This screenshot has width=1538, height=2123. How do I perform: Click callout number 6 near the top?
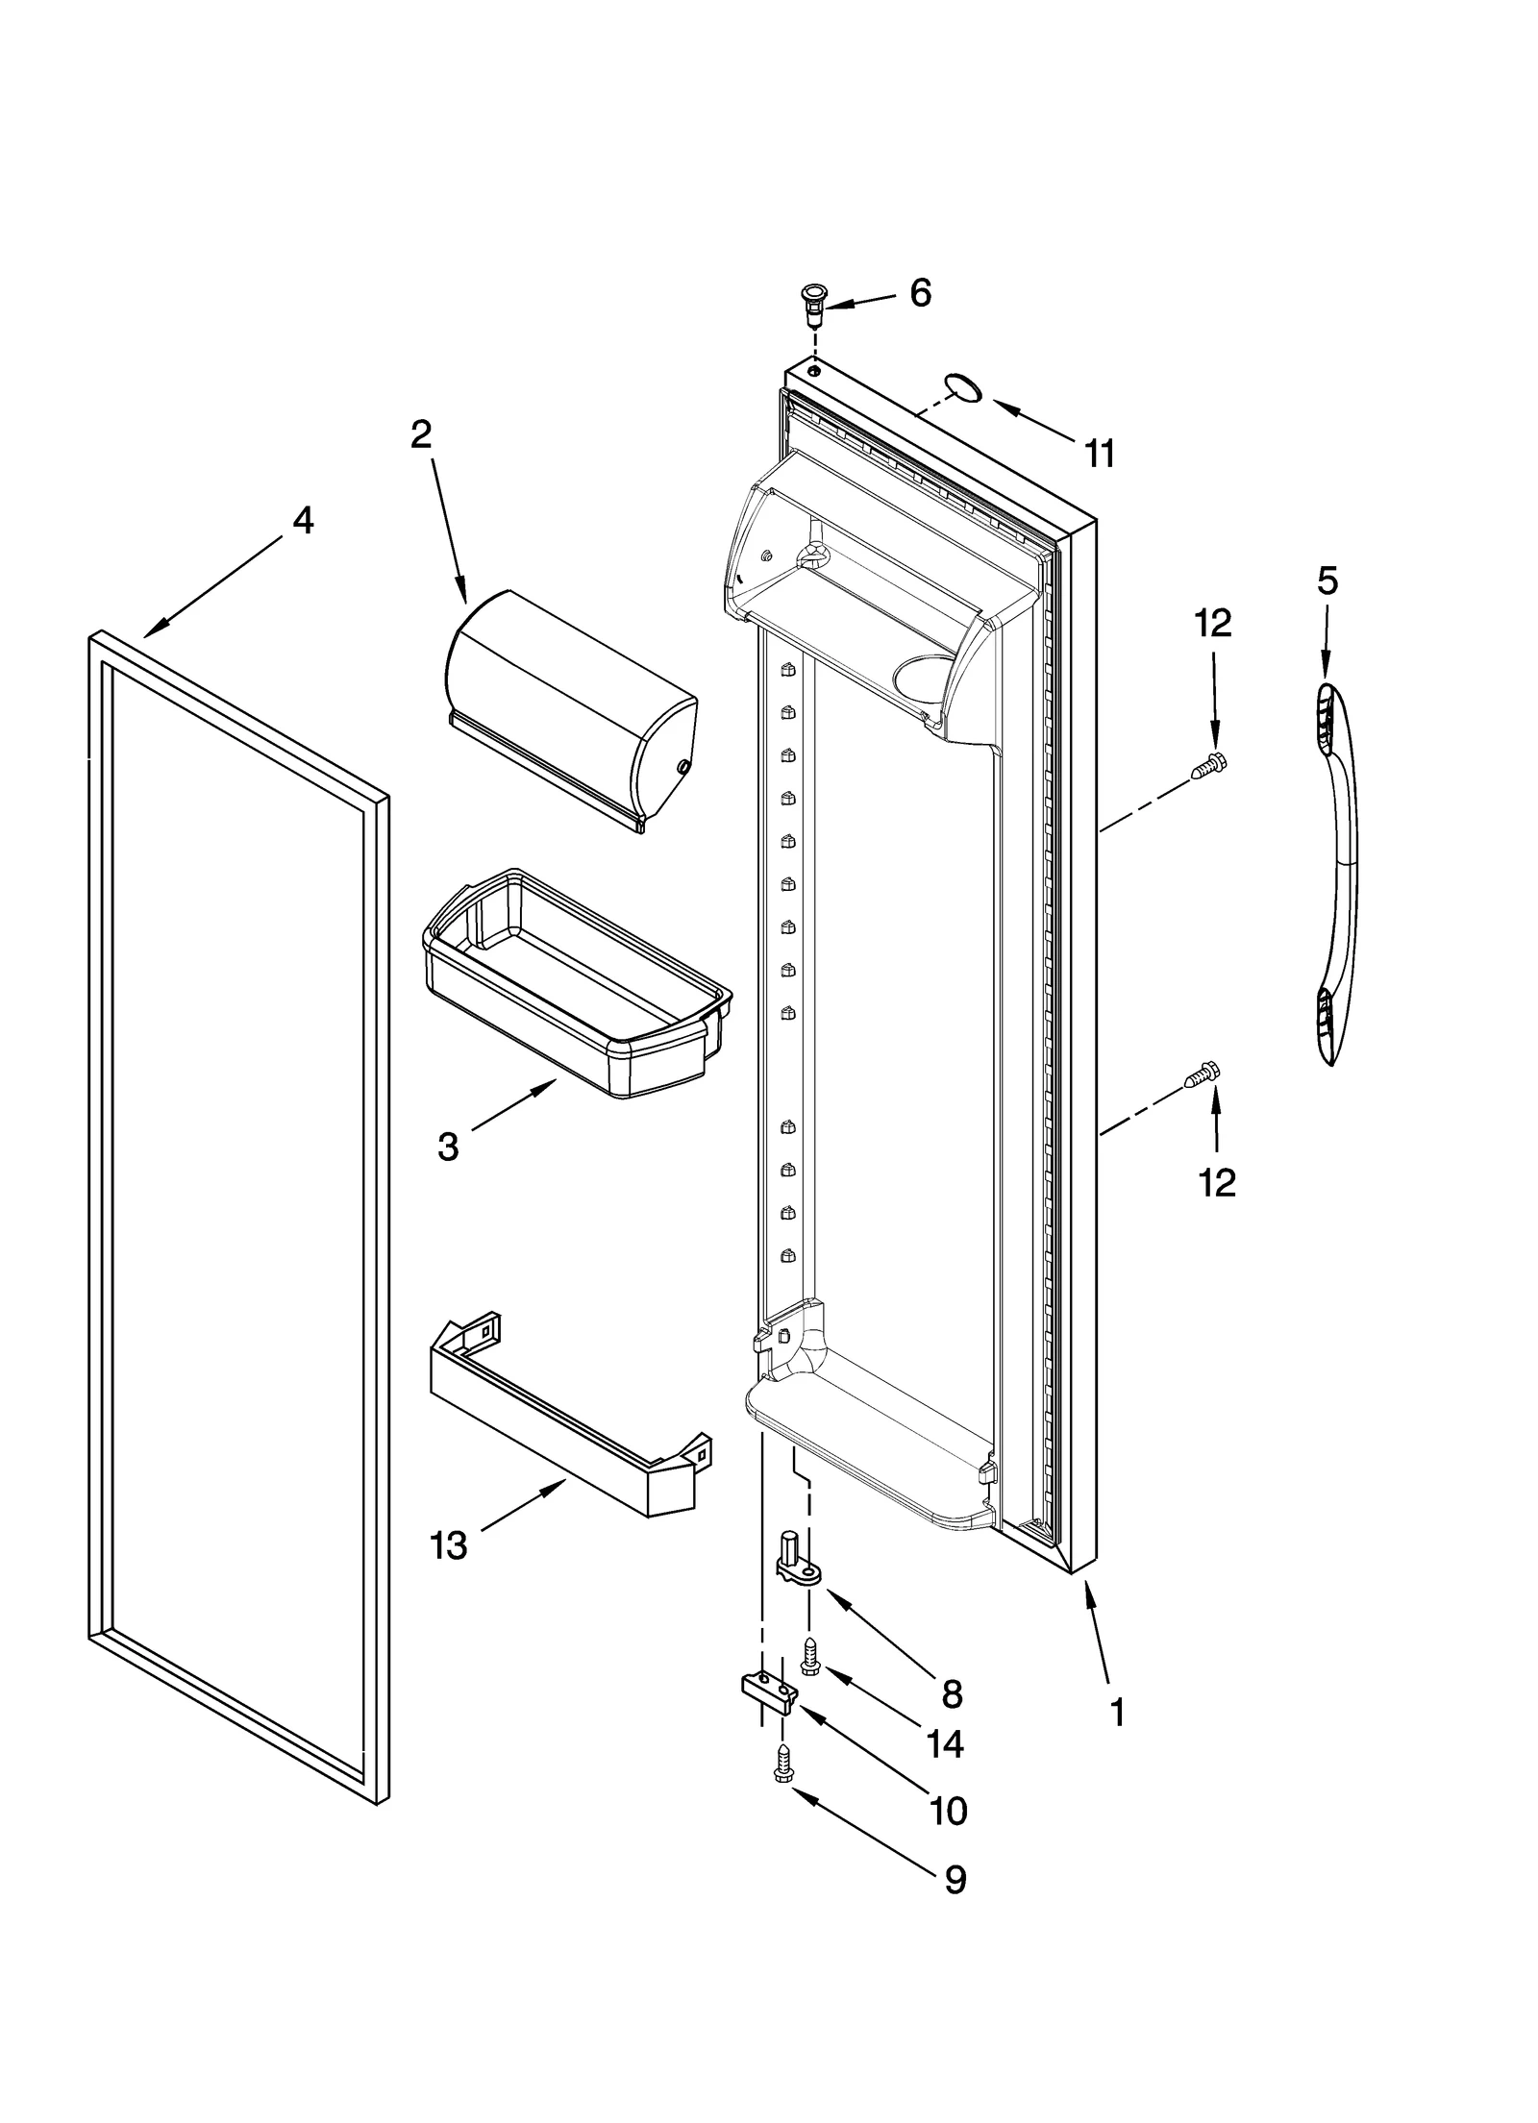pyautogui.click(x=919, y=293)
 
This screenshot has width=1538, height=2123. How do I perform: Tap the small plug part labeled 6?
pyautogui.click(x=814, y=302)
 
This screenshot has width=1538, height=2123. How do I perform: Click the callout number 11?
pyautogui.click(x=1099, y=453)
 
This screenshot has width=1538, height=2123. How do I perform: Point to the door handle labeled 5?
pyautogui.click(x=1338, y=875)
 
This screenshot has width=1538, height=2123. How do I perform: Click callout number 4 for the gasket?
pyautogui.click(x=303, y=520)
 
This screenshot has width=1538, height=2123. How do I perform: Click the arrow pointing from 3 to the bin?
pyautogui.click(x=514, y=1103)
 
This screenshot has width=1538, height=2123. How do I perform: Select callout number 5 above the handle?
pyautogui.click(x=1327, y=580)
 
